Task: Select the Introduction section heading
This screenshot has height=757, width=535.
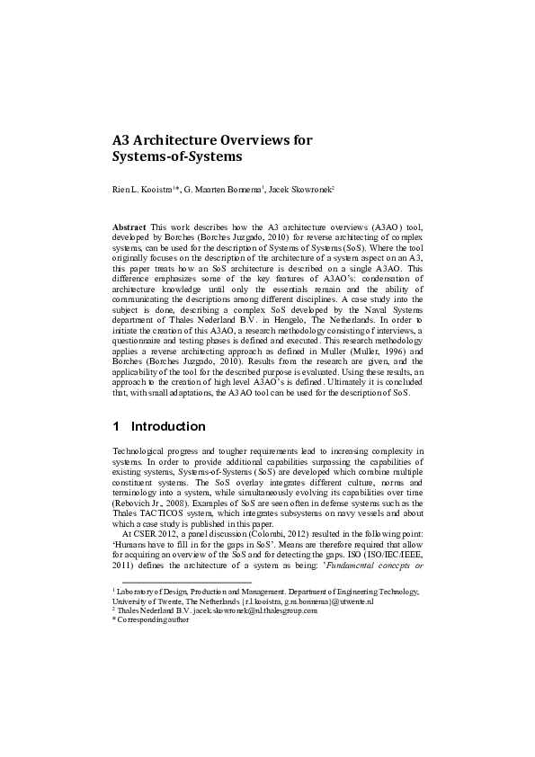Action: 168,426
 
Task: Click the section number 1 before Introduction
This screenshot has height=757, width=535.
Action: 116,426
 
